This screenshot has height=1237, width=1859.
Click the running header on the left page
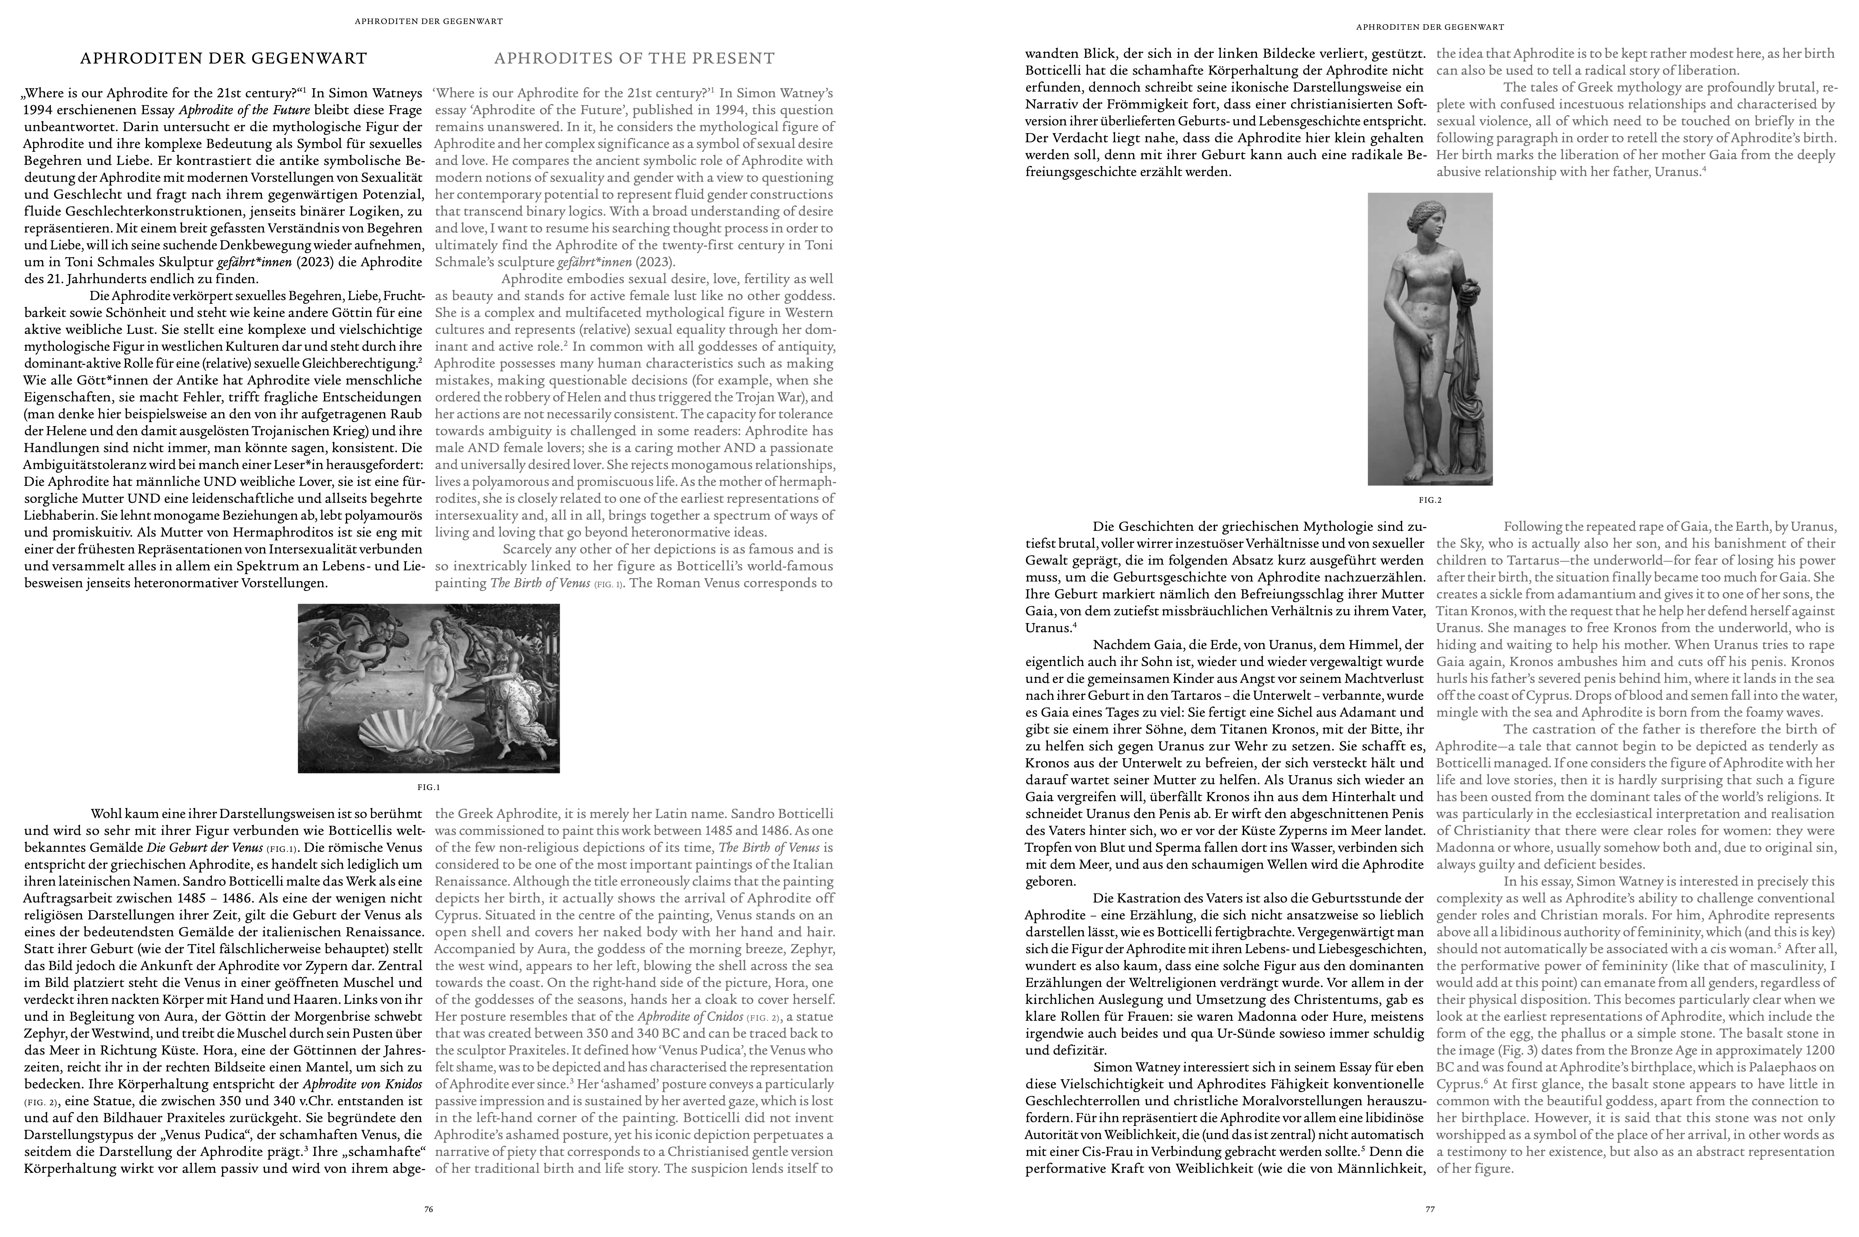coord(428,21)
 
